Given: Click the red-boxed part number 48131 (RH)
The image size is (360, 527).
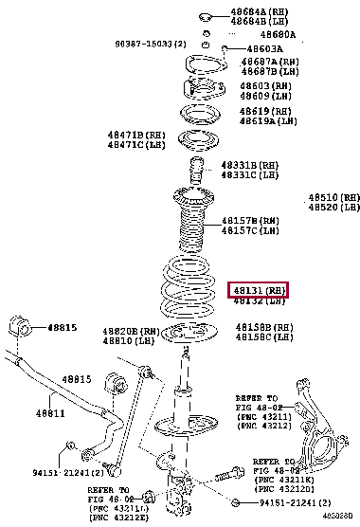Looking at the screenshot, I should tap(257, 289).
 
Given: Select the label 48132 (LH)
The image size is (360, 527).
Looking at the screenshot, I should tap(257, 301).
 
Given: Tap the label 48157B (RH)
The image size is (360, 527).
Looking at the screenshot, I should tap(250, 220).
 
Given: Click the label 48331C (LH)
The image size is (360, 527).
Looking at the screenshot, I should tap(250, 174).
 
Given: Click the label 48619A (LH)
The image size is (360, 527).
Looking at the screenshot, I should tap(259, 121).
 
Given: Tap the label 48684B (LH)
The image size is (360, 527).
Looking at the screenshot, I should tap(261, 20).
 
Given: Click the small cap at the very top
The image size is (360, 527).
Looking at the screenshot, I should tap(206, 16).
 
